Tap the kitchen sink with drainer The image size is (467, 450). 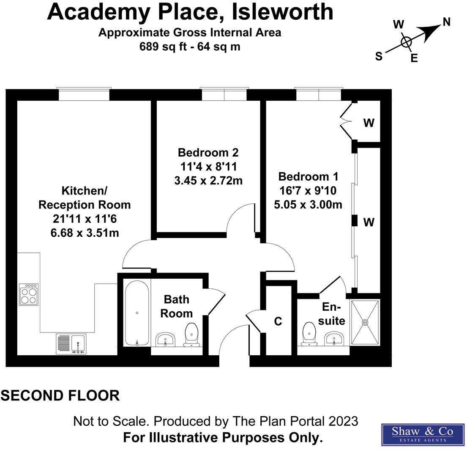(71, 343)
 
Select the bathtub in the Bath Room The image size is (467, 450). (137, 313)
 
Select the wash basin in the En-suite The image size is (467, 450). (335, 339)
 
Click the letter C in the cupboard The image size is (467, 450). (278, 321)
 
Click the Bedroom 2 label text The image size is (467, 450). (208, 152)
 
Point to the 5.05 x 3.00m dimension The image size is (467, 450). (308, 205)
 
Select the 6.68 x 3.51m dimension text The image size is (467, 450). (85, 233)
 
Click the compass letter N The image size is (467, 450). (446, 22)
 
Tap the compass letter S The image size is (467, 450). (379, 56)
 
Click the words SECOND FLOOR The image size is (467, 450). (60, 396)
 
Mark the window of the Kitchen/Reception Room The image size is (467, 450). (84, 94)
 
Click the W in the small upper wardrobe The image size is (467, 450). (369, 123)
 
